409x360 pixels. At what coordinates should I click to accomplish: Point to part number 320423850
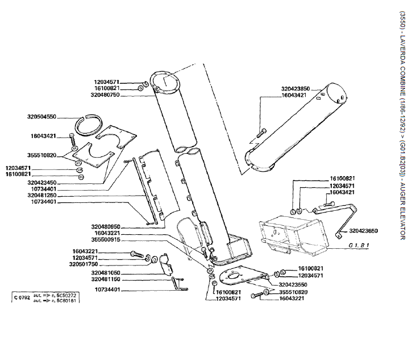[296, 89]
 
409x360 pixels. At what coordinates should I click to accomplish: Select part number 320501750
[84, 264]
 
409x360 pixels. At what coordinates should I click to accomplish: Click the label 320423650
[363, 230]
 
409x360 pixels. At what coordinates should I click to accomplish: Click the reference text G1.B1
[359, 245]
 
